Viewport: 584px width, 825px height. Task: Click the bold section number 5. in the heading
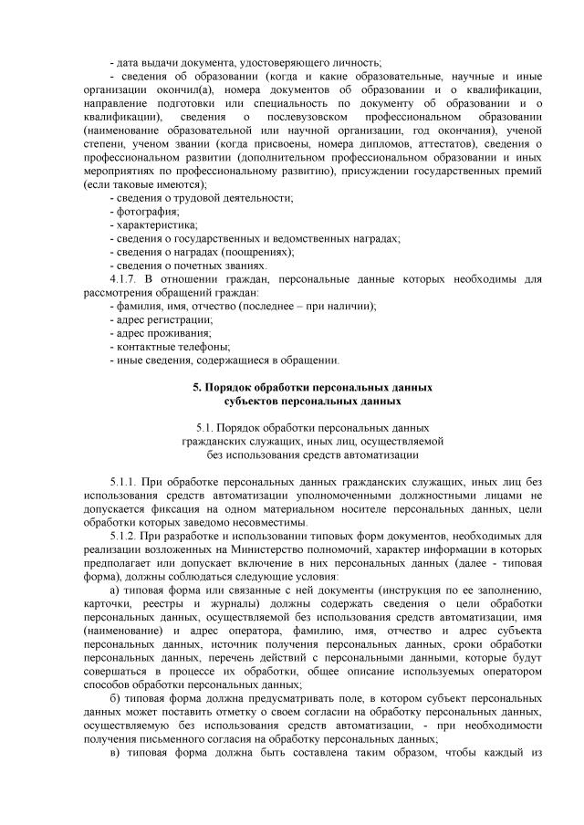coord(198,387)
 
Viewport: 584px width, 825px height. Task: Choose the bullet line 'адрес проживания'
coord(160,333)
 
